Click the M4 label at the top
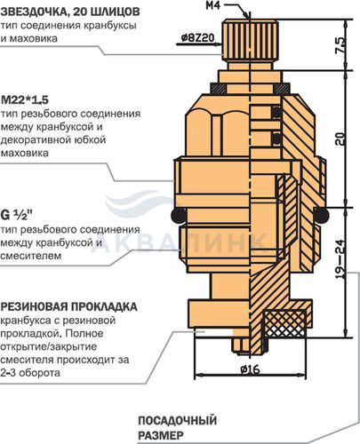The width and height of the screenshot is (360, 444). [213, 5]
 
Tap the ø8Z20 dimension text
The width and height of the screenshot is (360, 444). [197, 38]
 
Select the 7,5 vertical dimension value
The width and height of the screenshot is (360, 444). [340, 45]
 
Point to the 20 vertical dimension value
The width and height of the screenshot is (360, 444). [340, 139]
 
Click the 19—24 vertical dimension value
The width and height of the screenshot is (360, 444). [340, 259]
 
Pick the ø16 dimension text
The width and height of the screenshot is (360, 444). [250, 369]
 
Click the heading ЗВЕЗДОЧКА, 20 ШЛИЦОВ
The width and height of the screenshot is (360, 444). [70, 12]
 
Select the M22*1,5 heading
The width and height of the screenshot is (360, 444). [25, 99]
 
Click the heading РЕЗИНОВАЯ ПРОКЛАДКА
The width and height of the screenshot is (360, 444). [68, 306]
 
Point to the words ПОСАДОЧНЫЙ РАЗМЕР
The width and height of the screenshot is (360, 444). [177, 428]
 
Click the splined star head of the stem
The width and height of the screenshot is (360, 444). [251, 38]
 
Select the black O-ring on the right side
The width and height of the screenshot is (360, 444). [321, 215]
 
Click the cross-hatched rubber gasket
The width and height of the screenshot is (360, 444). [284, 323]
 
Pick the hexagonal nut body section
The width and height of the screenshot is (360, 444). [218, 127]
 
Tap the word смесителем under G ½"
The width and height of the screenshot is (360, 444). [31, 256]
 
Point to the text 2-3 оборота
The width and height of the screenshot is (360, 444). [30, 372]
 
